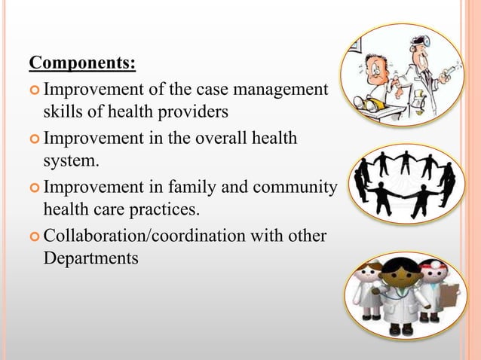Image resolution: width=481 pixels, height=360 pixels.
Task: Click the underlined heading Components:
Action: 82,61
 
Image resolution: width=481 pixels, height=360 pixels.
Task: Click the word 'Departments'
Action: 93,258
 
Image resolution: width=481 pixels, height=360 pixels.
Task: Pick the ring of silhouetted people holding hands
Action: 406,183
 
